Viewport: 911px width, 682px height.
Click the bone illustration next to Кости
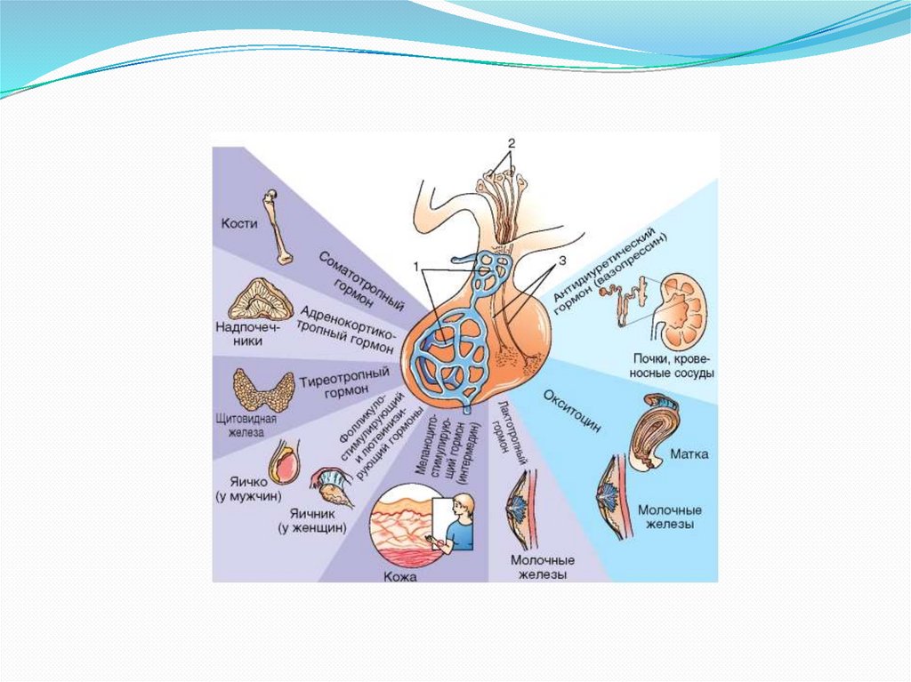(x=281, y=227)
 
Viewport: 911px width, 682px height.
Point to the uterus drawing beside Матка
(x=655, y=427)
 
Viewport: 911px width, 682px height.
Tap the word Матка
(x=691, y=454)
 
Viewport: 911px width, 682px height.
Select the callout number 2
(x=511, y=143)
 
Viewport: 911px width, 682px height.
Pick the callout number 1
(x=415, y=266)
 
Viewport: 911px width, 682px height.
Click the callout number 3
(x=562, y=261)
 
